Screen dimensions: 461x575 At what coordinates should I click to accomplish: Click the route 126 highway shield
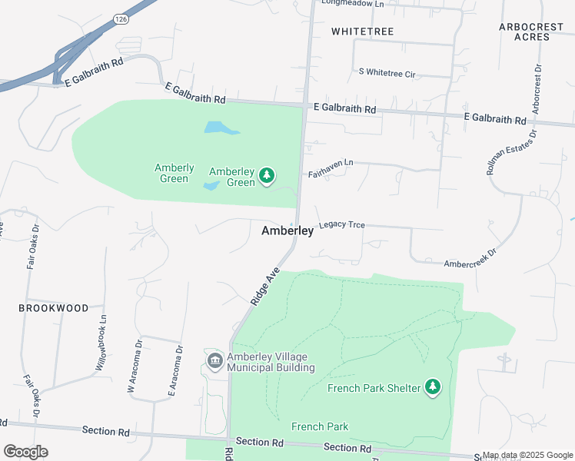click(119, 18)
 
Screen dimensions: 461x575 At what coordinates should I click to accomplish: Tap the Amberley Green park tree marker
click(267, 176)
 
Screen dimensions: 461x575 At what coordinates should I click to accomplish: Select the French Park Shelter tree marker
click(434, 387)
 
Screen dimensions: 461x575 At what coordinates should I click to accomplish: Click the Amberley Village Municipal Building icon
click(214, 360)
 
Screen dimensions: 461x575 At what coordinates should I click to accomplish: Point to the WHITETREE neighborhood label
click(362, 32)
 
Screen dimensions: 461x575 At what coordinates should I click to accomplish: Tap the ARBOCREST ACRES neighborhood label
click(530, 32)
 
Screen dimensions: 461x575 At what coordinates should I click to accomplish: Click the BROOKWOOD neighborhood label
click(54, 307)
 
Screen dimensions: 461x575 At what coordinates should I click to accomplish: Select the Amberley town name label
click(287, 230)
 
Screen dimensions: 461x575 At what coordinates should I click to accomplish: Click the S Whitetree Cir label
click(387, 73)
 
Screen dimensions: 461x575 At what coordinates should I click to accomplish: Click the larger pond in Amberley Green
click(219, 128)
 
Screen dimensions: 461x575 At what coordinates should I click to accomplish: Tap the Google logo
click(26, 452)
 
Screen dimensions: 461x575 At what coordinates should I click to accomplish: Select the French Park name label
click(320, 426)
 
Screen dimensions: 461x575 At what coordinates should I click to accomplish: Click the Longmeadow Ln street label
click(352, 4)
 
